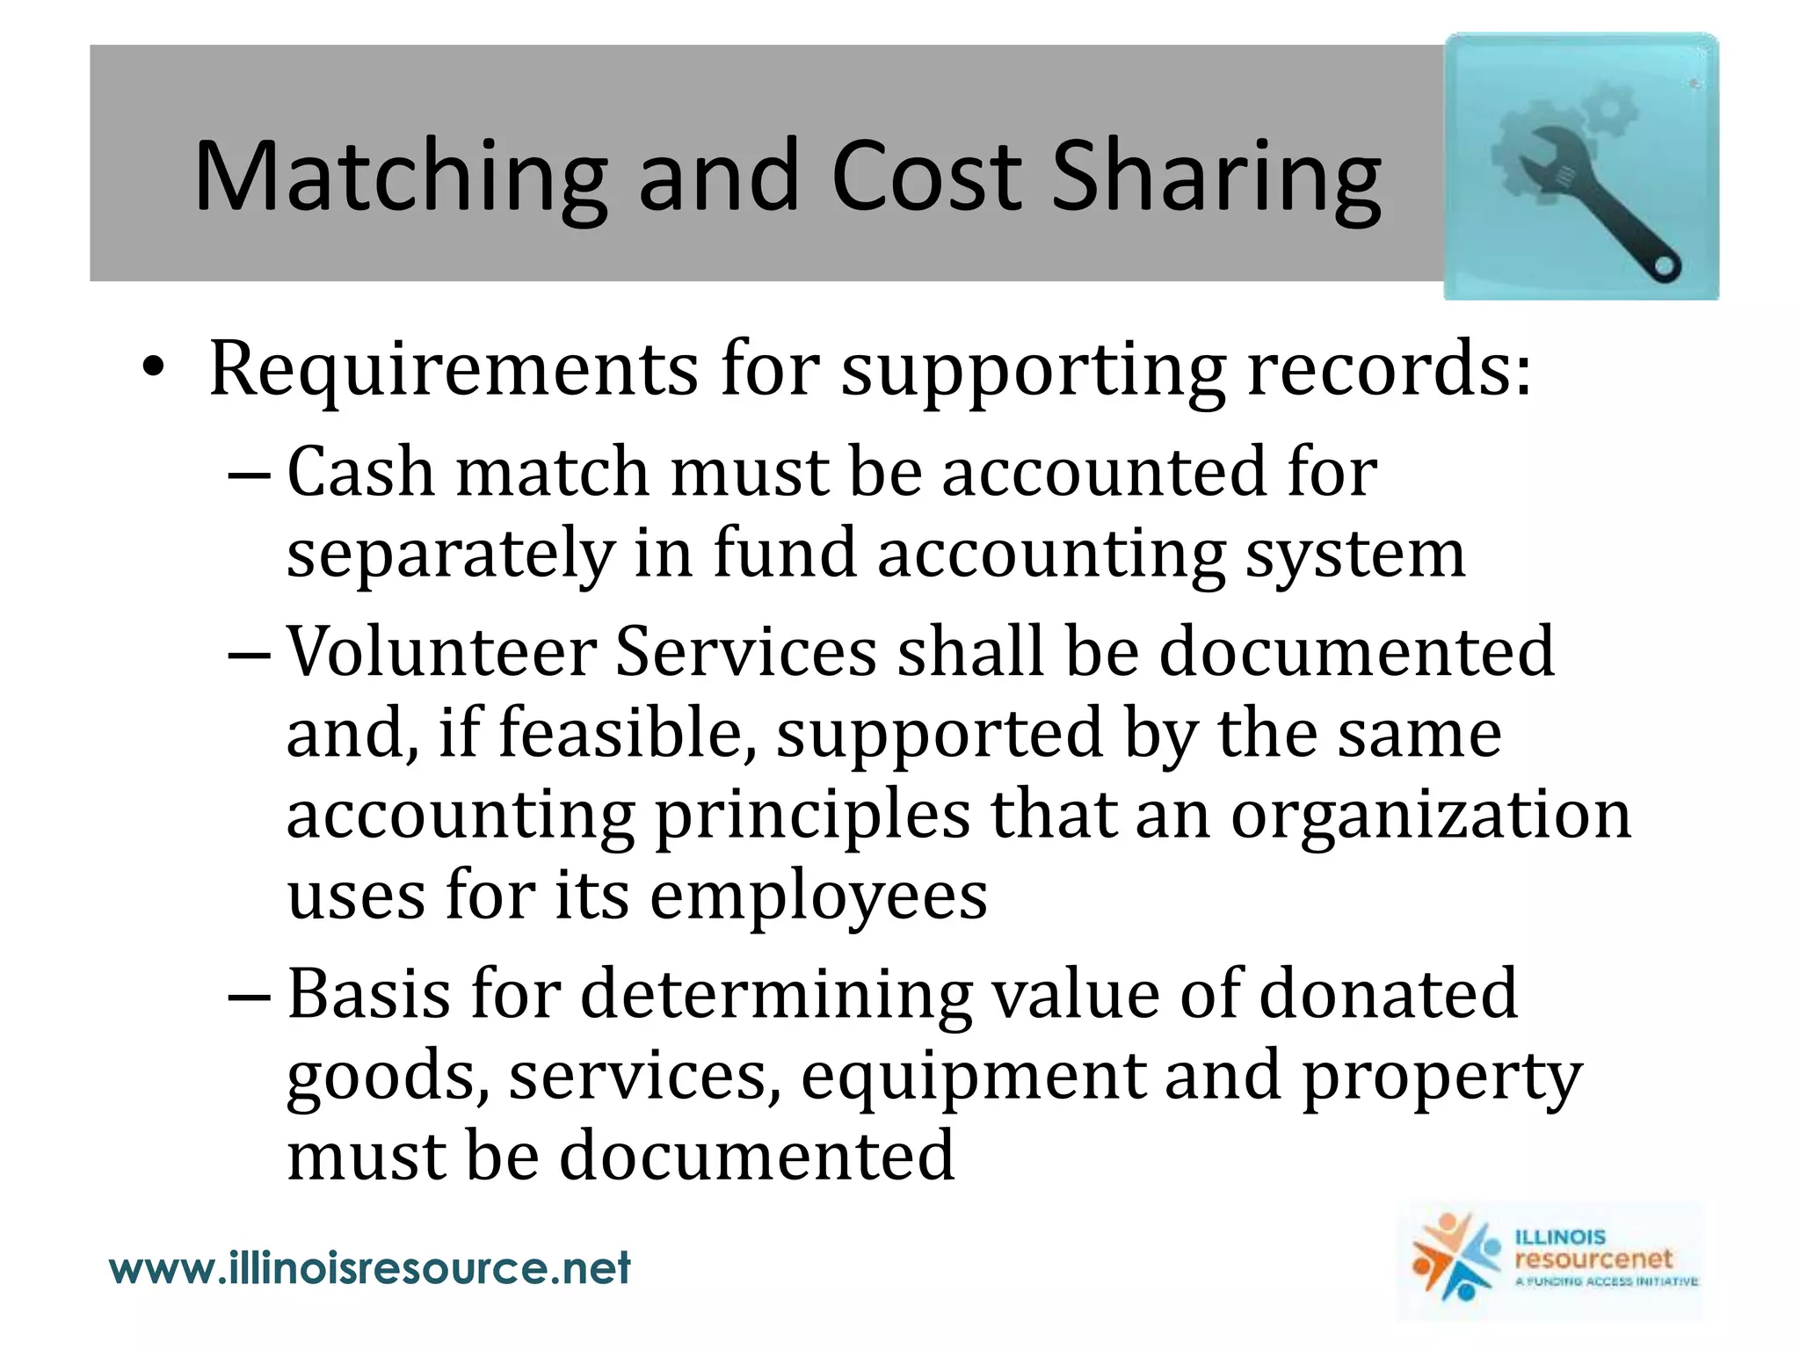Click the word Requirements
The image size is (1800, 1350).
(454, 370)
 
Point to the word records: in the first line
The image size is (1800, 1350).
(1390, 370)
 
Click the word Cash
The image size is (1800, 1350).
(361, 473)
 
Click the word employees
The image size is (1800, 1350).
(818, 896)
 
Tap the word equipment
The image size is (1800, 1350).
(972, 1076)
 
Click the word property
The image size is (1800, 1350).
(1441, 1076)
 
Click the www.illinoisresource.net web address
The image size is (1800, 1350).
(370, 1268)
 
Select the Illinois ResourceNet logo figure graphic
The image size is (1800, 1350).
(1454, 1258)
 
